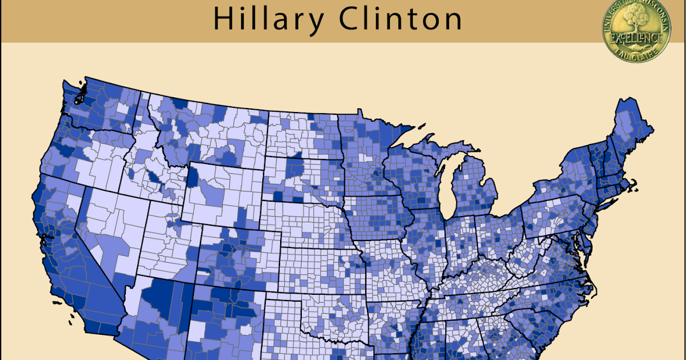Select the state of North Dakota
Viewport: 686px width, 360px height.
pos(303,134)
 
